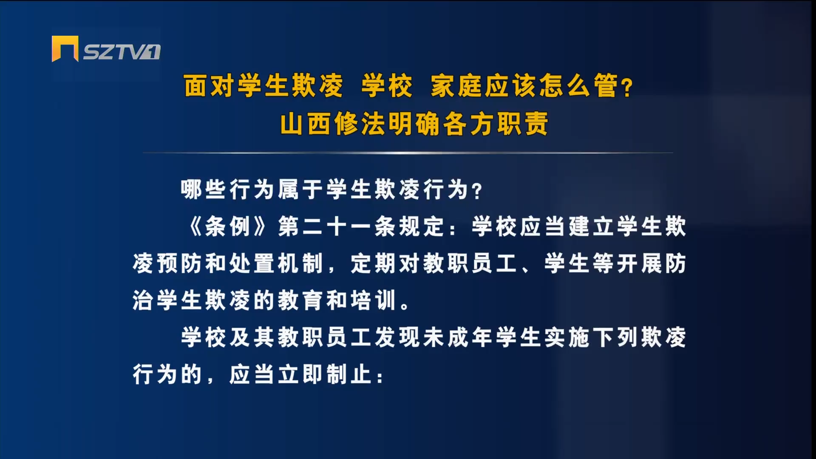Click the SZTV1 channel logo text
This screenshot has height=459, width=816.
[122, 52]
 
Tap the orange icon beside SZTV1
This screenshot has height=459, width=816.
[65, 49]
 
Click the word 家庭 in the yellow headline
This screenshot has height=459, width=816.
[457, 86]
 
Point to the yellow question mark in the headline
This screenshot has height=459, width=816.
[627, 88]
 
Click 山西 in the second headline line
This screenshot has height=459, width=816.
[306, 124]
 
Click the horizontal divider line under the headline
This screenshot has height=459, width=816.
[408, 152]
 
